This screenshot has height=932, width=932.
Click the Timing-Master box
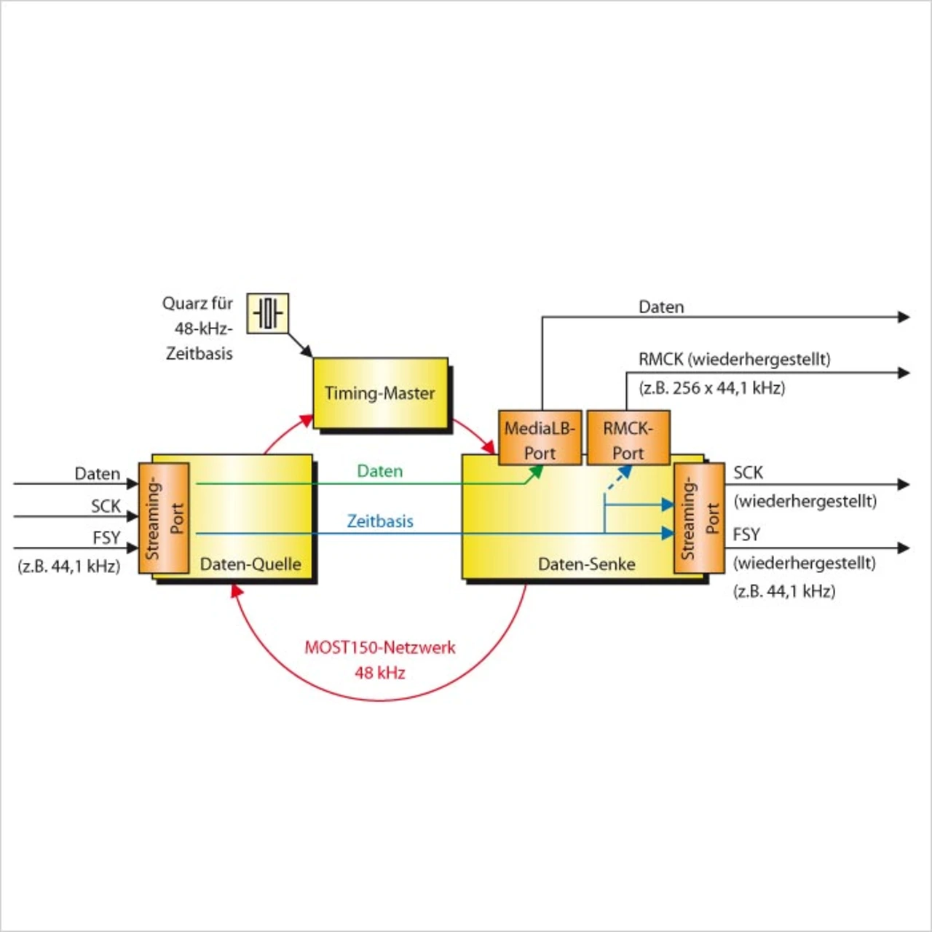381,393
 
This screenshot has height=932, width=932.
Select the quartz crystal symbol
267,313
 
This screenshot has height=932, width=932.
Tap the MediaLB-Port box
540,438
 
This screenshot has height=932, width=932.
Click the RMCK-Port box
628,438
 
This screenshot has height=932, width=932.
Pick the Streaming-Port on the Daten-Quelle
164,518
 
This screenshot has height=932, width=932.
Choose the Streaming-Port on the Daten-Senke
699,518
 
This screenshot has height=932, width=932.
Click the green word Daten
379,471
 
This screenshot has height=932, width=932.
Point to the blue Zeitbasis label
380,521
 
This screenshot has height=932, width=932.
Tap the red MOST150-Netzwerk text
380,647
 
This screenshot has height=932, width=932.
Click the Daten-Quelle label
250,564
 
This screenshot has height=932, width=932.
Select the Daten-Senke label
587,564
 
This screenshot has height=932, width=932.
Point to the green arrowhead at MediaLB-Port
537,472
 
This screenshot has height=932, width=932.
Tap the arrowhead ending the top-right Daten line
904,317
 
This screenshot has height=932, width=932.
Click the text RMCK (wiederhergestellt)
735,360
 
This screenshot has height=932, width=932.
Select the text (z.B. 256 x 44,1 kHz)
712,388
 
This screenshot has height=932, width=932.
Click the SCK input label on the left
106,506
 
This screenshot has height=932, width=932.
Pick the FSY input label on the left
106,537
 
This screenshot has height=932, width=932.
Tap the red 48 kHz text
380,673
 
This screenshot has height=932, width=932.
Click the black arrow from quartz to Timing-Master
301,345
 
